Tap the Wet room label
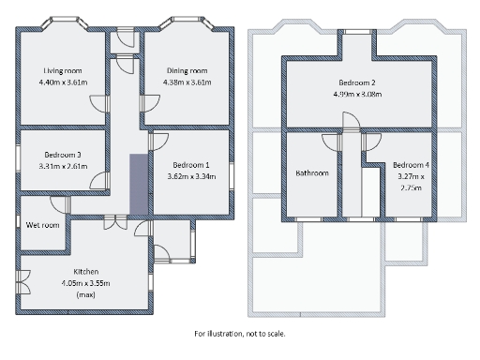tap(43, 225)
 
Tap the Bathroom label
tap(311, 172)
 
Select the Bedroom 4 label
tap(412, 165)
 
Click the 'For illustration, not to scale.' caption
tap(240, 333)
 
